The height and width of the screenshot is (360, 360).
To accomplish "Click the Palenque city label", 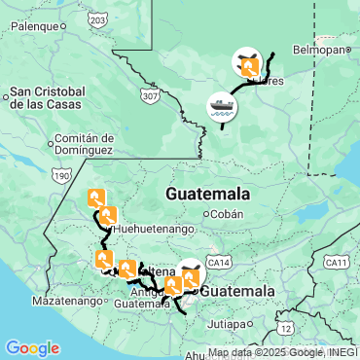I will (35, 27).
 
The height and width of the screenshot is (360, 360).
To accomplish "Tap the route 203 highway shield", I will (96, 18).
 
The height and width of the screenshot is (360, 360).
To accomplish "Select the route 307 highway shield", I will (148, 97).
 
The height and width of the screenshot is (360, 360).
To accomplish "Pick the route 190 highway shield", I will (62, 176).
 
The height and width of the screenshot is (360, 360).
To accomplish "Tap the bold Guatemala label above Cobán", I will (207, 194).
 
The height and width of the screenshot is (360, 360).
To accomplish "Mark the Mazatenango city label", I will (66, 302).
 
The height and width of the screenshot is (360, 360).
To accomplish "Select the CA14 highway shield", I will (220, 263).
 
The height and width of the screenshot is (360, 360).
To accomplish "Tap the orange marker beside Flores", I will (249, 67).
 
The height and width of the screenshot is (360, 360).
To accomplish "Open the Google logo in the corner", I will (32, 347).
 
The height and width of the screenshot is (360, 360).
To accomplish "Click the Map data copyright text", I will (282, 352).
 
